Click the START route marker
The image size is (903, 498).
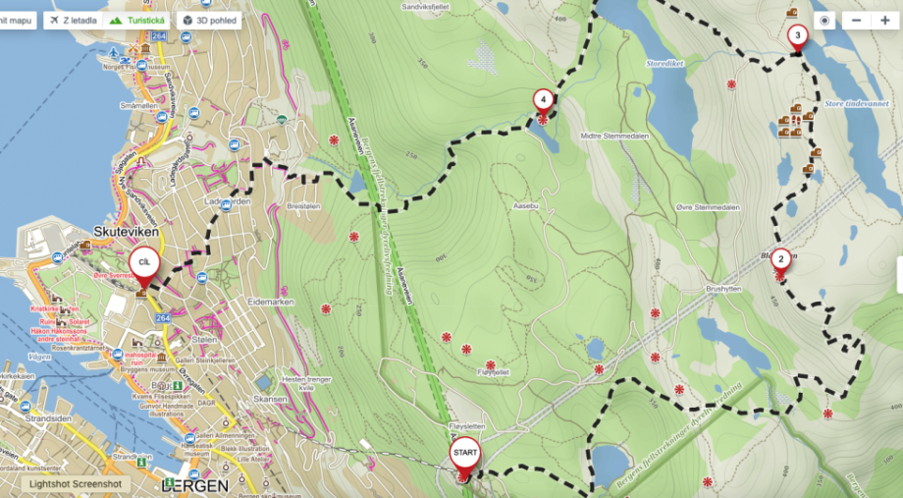[465, 455]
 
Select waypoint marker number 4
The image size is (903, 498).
[542, 99]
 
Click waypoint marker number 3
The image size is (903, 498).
[797, 37]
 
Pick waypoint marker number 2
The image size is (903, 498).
[780, 259]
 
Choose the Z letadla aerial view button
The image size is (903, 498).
[72, 20]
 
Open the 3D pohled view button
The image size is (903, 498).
[209, 20]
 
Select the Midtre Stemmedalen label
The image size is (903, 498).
[617, 137]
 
